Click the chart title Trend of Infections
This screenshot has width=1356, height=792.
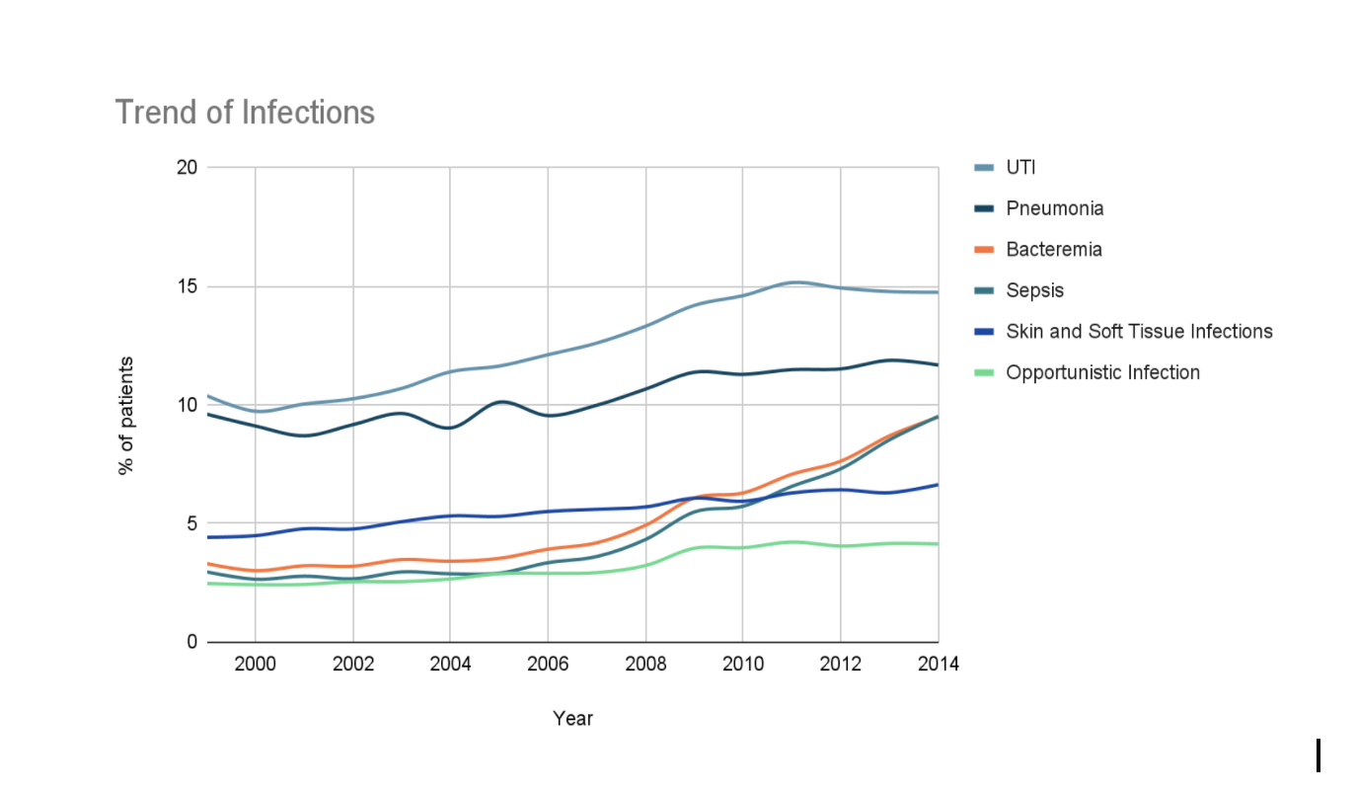[245, 113]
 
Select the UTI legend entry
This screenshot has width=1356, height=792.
[1020, 167]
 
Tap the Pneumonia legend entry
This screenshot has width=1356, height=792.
[1054, 208]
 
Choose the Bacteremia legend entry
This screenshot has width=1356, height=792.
[1053, 249]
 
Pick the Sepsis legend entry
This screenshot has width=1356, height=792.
[1034, 290]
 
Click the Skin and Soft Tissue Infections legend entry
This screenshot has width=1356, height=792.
[1139, 331]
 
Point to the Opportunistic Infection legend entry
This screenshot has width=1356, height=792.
[1102, 372]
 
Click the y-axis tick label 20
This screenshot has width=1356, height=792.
[188, 168]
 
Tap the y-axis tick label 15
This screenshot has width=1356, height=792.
[188, 286]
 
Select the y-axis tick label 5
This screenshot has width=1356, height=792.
[192, 523]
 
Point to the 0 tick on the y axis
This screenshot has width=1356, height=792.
[192, 642]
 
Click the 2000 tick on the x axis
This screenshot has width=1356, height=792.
[256, 664]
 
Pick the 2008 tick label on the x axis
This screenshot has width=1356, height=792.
[645, 664]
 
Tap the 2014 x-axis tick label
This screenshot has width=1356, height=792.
[938, 664]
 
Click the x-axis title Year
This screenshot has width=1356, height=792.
[572, 718]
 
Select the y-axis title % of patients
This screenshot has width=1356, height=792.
[125, 415]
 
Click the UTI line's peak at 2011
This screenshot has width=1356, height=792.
[791, 282]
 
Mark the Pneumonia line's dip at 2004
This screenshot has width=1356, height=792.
[450, 428]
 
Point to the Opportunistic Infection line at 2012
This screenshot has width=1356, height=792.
[841, 545]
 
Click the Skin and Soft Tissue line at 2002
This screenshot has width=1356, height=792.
[353, 528]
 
